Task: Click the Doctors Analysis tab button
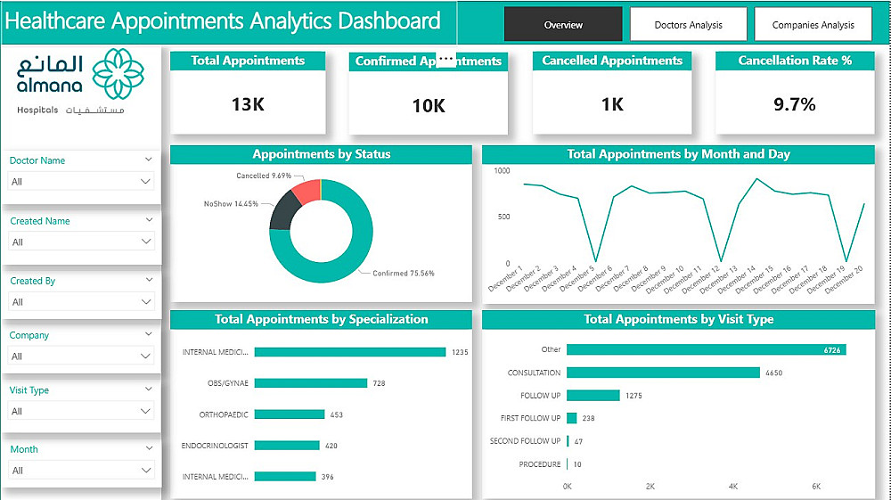[689, 25]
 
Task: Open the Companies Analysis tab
[813, 25]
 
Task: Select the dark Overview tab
[563, 25]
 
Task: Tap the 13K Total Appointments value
[248, 104]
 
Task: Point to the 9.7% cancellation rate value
[794, 104]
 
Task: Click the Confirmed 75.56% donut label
[403, 274]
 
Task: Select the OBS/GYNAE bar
[310, 383]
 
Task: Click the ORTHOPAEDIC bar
[289, 414]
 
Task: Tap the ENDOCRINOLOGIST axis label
[215, 446]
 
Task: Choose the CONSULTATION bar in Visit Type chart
[663, 373]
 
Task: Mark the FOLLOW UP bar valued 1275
[593, 395]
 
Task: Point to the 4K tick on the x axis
[733, 487]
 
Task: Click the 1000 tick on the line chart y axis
[502, 170]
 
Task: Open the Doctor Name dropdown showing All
[81, 182]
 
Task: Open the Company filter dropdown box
[81, 357]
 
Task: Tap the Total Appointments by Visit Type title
[678, 319]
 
